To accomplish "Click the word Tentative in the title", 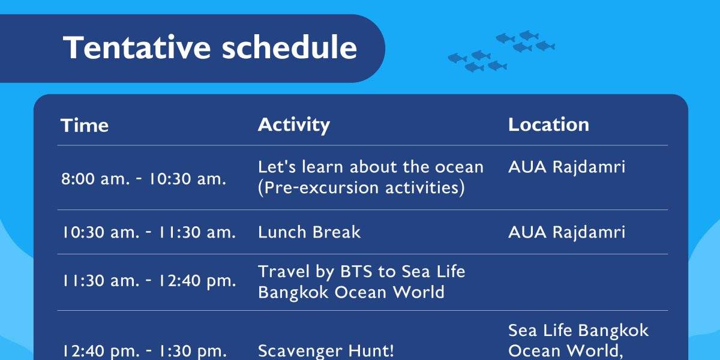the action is pyautogui.click(x=137, y=47).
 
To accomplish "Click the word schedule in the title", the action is pyautogui.click(x=290, y=47).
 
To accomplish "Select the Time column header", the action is pyautogui.click(x=85, y=125).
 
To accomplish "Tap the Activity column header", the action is pyautogui.click(x=294, y=125).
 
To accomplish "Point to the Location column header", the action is pyautogui.click(x=548, y=125).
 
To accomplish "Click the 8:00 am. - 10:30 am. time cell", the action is pyautogui.click(x=143, y=179).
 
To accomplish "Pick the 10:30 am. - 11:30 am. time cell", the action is pyautogui.click(x=149, y=232).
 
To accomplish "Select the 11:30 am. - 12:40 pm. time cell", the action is pyautogui.click(x=149, y=281).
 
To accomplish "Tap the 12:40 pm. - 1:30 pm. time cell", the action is pyautogui.click(x=144, y=350).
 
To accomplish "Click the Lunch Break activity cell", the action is pyautogui.click(x=309, y=232).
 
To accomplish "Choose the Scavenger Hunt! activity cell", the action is pyautogui.click(x=326, y=350).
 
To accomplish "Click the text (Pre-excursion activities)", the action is pyautogui.click(x=361, y=188).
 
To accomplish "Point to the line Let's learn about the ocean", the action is pyautogui.click(x=371, y=167).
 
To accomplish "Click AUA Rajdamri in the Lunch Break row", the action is pyautogui.click(x=566, y=232).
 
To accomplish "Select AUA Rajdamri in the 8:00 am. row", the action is pyautogui.click(x=566, y=167).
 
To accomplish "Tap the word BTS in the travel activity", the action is pyautogui.click(x=356, y=271).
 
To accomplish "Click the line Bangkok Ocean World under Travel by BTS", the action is pyautogui.click(x=351, y=293).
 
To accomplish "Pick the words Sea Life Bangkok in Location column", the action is pyautogui.click(x=578, y=331).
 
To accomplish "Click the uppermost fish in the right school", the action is pyautogui.click(x=529, y=35).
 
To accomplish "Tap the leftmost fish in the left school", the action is pyautogui.click(x=457, y=58).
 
